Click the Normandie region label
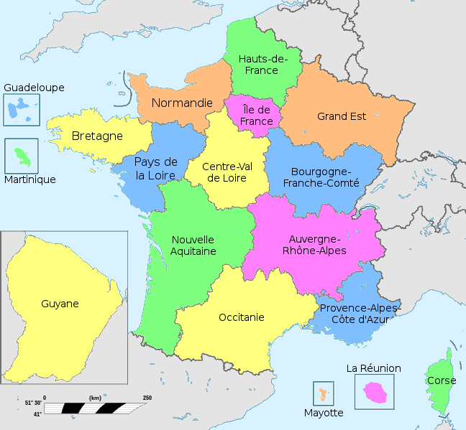(182, 103)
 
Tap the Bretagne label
(97, 136)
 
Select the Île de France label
(257, 116)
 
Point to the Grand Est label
(342, 116)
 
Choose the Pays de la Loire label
(156, 168)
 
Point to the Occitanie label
(241, 317)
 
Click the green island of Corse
(441, 384)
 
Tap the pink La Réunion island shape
(375, 391)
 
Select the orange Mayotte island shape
(322, 393)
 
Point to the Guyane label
(60, 304)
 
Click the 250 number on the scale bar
(147, 398)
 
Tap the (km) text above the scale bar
(95, 398)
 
